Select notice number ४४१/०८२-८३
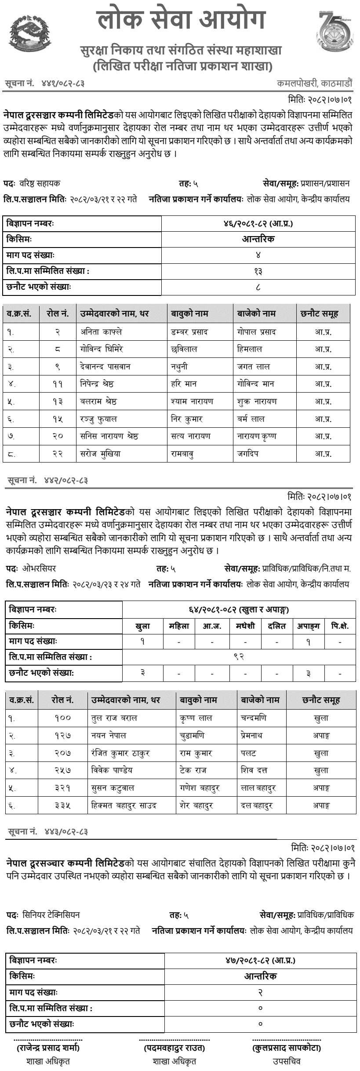[x=63, y=83]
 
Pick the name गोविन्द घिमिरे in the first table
[x=102, y=349]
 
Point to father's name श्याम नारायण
[x=192, y=401]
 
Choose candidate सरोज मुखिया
[x=100, y=453]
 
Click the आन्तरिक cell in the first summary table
[x=258, y=240]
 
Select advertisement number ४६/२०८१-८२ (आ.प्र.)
[x=258, y=224]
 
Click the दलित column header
[x=277, y=626]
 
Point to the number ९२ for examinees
[x=239, y=657]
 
